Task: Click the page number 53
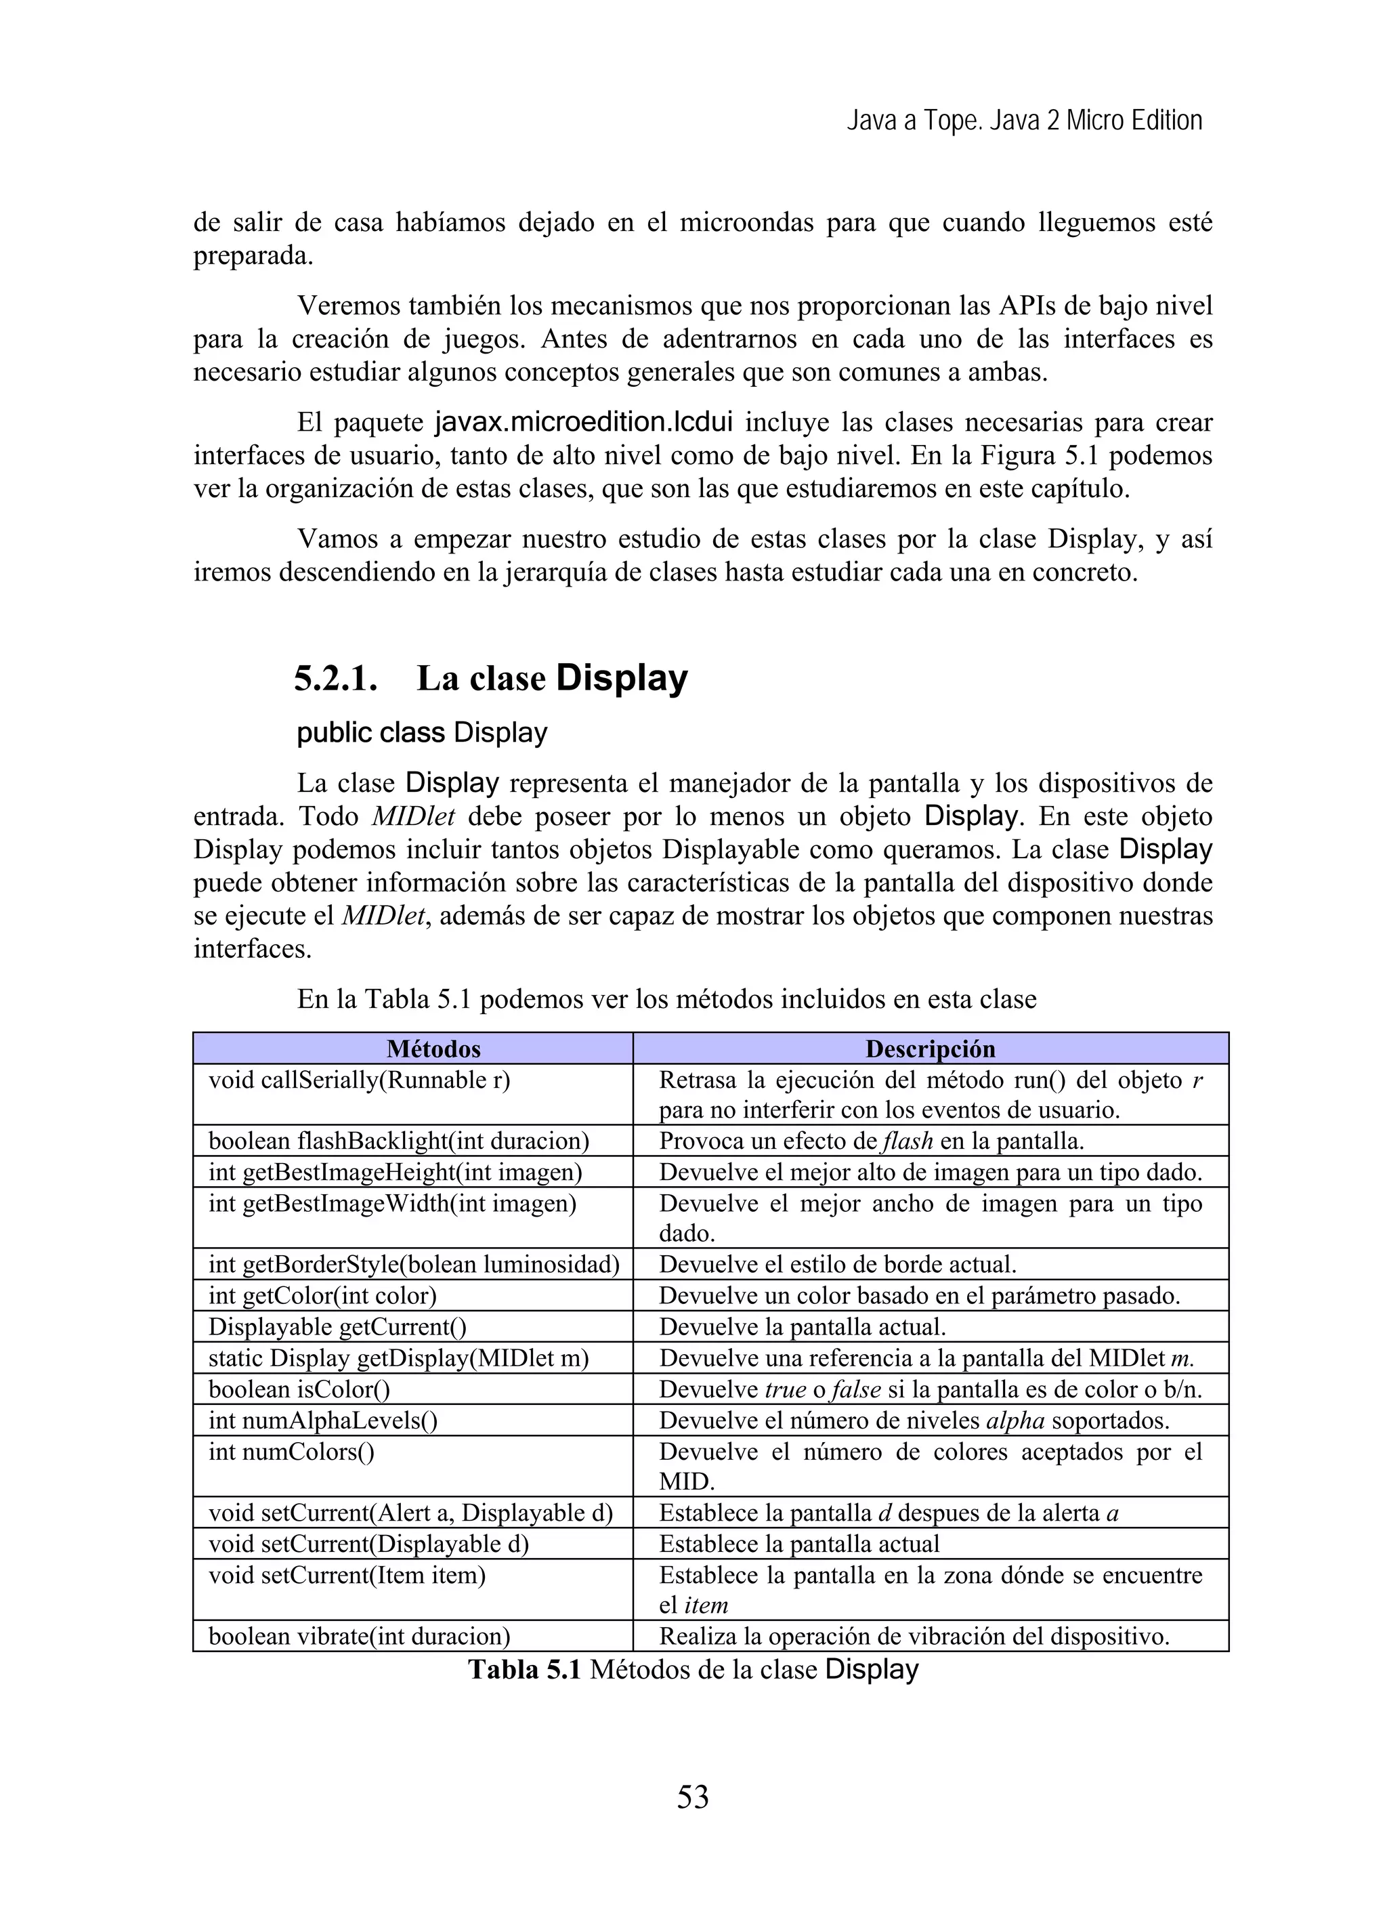[x=692, y=1797]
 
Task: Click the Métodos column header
[x=433, y=1049]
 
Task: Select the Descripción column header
[x=930, y=1049]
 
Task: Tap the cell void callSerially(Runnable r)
[x=359, y=1080]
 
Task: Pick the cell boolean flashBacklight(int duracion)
[x=398, y=1141]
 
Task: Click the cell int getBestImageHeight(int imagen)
[x=395, y=1173]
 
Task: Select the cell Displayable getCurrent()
[x=337, y=1327]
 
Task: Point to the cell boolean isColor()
[x=299, y=1389]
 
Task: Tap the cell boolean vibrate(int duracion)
[x=359, y=1637]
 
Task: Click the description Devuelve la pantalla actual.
[x=802, y=1327]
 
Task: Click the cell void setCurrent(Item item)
[x=347, y=1576]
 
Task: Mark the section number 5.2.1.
[x=335, y=679]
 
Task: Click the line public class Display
[x=422, y=732]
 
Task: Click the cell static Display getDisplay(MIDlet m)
[x=398, y=1358]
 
